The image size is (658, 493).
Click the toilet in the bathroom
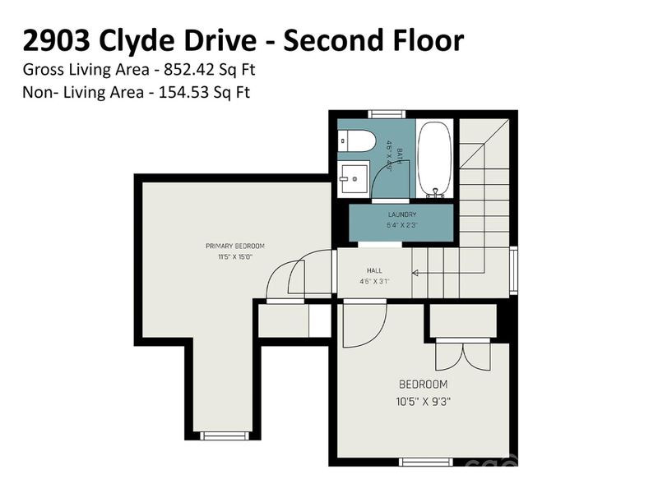point(355,141)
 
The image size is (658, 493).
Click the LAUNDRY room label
point(401,215)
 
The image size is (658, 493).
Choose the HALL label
point(373,270)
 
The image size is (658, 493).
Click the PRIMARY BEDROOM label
point(235,246)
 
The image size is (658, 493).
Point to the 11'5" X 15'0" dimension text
point(235,256)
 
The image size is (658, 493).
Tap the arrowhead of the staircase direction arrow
point(415,274)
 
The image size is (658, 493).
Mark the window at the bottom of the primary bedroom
point(224,435)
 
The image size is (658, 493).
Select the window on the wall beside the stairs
point(513,270)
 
